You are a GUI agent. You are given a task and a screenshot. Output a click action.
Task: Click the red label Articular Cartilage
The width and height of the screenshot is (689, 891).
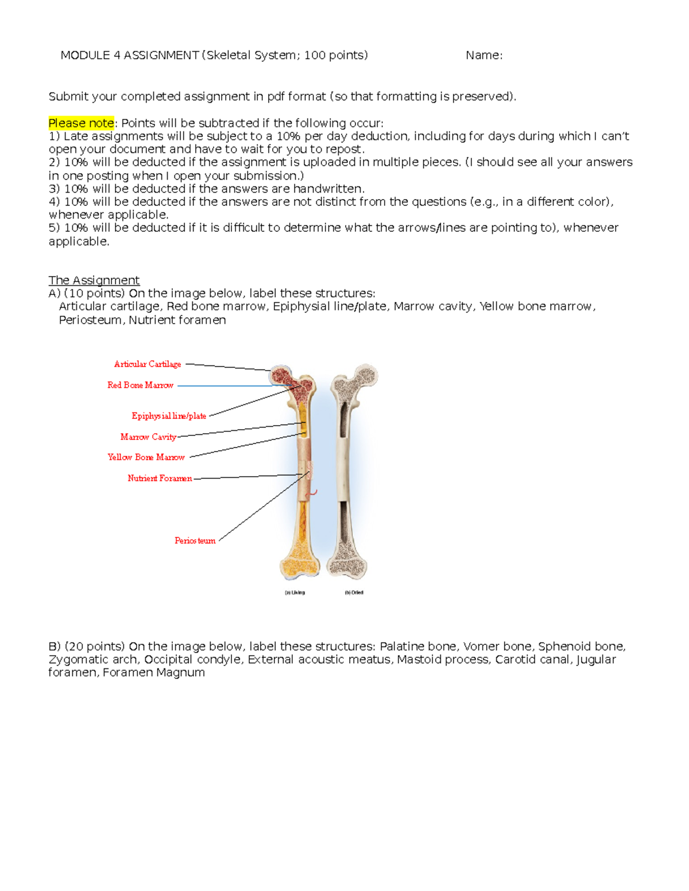coord(148,364)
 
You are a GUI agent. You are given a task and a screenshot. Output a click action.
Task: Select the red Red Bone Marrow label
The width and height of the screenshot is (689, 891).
coord(140,385)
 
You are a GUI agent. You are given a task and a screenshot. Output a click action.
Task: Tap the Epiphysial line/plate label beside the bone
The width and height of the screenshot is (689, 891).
coord(169,416)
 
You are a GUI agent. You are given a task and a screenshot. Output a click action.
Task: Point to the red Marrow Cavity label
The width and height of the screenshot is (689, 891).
coord(148,437)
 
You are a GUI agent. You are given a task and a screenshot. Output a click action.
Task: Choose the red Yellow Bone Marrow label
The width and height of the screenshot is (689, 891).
coord(146,457)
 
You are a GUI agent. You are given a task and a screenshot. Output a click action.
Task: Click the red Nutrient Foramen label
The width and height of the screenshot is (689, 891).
coord(160,478)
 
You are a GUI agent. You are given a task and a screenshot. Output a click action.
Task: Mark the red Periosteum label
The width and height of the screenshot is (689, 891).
coord(195,540)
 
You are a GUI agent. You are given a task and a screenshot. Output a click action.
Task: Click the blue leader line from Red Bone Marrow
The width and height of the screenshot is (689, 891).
coord(224,386)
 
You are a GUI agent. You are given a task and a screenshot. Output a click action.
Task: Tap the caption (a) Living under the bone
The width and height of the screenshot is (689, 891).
coord(295,593)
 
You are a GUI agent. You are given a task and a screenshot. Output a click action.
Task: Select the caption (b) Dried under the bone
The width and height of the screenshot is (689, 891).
coord(354,593)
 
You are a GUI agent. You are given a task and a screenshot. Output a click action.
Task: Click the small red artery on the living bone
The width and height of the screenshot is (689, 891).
coord(313,492)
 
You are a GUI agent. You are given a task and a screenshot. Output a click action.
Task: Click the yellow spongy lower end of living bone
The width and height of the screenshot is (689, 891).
coord(299,559)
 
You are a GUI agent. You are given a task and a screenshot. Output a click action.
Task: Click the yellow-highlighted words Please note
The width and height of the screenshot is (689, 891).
coord(81,123)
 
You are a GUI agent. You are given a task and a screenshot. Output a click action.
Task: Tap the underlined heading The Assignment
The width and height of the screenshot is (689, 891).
coord(94,280)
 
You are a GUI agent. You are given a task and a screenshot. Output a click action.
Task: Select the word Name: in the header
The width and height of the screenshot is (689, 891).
coord(483,55)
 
